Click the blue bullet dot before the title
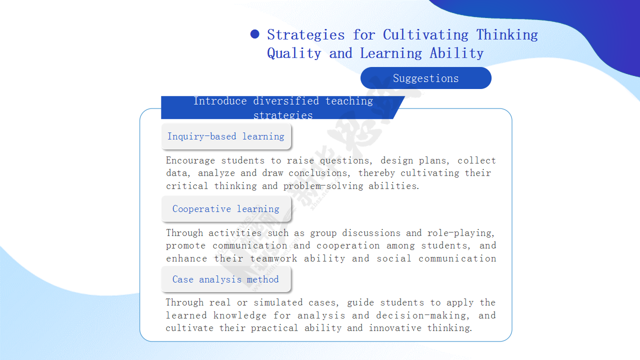254,34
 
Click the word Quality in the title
294,53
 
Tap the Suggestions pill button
425,78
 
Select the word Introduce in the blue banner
220,101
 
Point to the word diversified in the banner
286,101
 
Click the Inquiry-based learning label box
226,136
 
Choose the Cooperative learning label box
226,209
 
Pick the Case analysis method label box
226,279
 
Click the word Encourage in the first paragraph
190,160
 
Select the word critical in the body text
187,186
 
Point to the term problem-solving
323,186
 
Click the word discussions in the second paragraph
371,233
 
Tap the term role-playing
460,233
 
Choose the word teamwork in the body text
273,258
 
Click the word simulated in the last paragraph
278,302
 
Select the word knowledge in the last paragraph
239,315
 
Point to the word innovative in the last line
395,328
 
